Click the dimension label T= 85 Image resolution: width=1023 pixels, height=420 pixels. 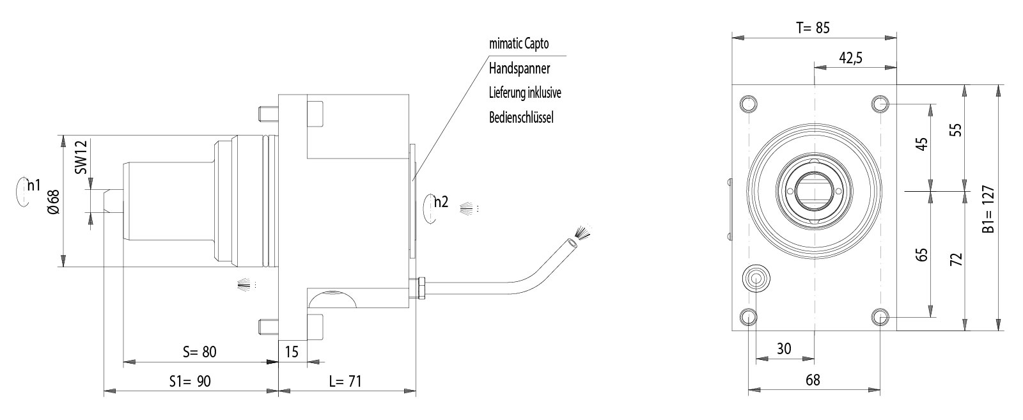[813, 27]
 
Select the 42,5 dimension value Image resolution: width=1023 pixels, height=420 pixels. [850, 58]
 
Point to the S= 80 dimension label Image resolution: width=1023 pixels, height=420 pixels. [199, 352]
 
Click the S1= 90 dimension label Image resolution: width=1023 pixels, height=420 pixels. [190, 382]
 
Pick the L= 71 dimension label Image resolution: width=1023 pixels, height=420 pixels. [345, 382]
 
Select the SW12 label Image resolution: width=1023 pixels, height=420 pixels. [81, 157]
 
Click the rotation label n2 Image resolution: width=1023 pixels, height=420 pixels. [441, 203]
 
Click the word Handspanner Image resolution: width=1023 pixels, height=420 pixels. [519, 68]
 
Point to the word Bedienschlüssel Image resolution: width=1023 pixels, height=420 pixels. [521, 117]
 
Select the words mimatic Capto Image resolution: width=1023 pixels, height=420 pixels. [519, 44]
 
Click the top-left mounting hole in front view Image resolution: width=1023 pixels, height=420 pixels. [748, 104]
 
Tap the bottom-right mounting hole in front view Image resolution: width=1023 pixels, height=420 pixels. [881, 316]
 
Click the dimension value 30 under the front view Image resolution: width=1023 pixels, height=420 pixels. [784, 348]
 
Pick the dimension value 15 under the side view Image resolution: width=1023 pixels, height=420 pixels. [292, 352]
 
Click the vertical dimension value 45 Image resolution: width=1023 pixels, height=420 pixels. [922, 143]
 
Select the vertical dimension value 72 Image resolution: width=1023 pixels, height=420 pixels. [956, 259]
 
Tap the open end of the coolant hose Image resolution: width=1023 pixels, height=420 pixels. [570, 242]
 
